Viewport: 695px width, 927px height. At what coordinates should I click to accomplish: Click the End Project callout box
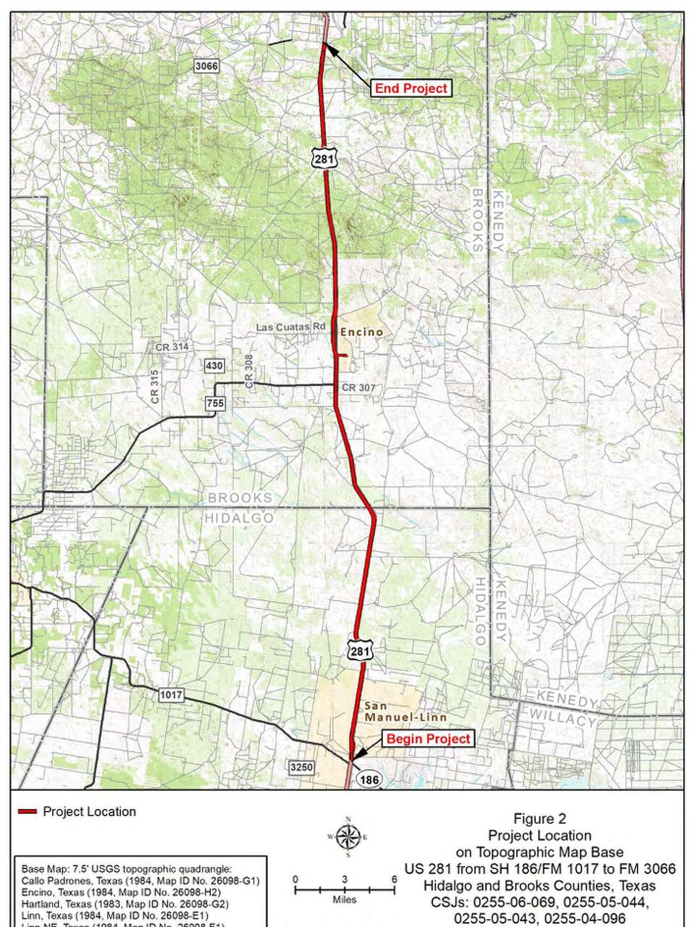pos(411,88)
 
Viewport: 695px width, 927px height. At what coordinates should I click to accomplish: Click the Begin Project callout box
pos(429,739)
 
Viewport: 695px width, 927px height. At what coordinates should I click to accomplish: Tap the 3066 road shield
pos(206,66)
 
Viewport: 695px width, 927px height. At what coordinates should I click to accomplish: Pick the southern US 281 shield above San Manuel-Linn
pos(360,651)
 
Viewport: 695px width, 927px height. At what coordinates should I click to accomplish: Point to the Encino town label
pos(361,332)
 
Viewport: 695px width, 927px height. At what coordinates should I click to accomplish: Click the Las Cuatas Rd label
pos(291,327)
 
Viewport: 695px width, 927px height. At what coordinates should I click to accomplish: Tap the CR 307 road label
pos(358,388)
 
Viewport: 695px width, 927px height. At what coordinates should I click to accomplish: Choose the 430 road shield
pos(214,366)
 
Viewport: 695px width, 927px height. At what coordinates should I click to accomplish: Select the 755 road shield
pos(216,403)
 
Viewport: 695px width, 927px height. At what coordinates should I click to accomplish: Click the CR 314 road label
pos(172,347)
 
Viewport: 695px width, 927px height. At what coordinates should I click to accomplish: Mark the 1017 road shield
pos(171,695)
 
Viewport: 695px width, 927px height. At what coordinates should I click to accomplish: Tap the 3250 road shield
pos(300,766)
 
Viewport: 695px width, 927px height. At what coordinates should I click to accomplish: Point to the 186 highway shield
pos(369,779)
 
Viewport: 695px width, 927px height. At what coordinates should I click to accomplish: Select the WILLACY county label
pos(563,720)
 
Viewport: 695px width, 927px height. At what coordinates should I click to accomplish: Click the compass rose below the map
pos(348,837)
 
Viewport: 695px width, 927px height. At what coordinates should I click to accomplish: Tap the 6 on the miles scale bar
pos(394,879)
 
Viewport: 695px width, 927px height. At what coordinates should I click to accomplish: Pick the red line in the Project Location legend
pos(28,812)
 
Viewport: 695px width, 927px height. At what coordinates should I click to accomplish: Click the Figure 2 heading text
pos(539,819)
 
